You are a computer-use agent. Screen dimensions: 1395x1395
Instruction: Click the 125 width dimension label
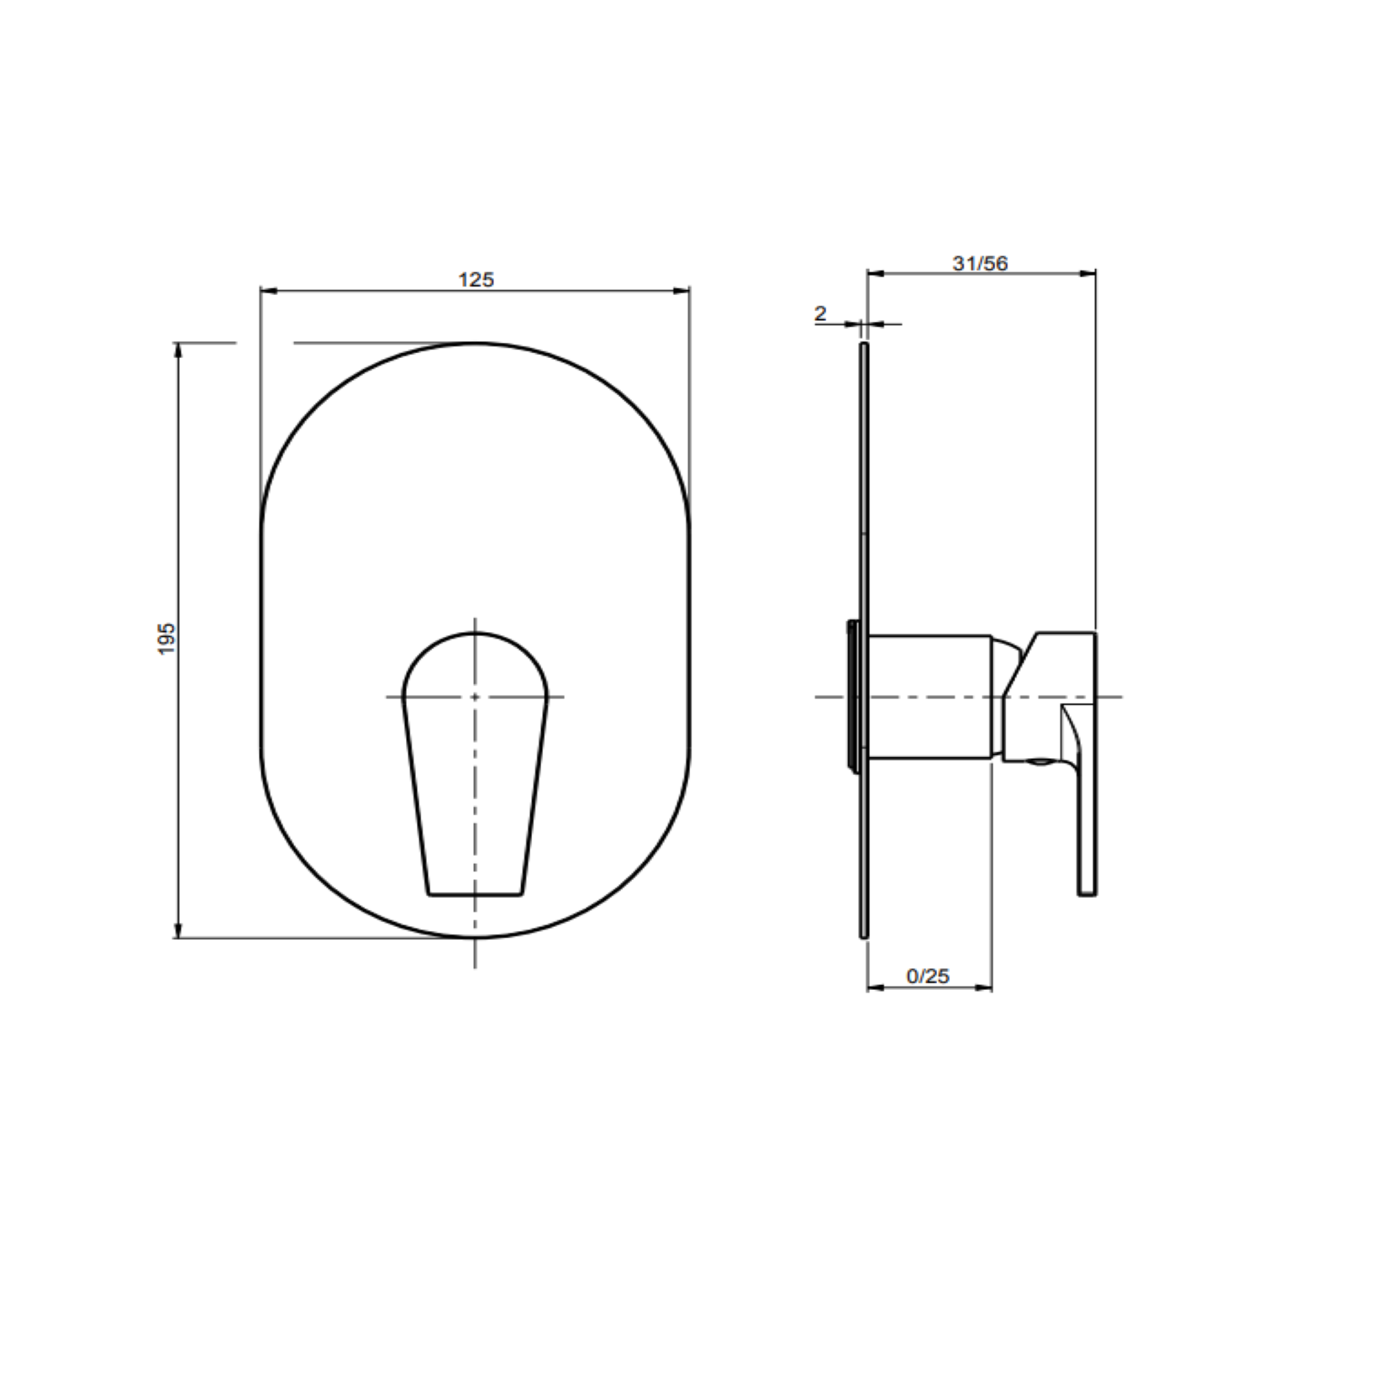pyautogui.click(x=476, y=279)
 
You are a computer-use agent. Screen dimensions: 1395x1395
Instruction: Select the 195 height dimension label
pyautogui.click(x=167, y=639)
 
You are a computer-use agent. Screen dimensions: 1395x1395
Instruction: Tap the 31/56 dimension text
pyautogui.click(x=980, y=263)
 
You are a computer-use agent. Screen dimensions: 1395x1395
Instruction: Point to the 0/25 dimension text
pyautogui.click(x=928, y=976)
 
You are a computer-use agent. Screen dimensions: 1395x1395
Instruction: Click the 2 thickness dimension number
pyautogui.click(x=820, y=313)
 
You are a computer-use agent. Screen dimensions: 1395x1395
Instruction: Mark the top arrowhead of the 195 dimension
pyautogui.click(x=177, y=349)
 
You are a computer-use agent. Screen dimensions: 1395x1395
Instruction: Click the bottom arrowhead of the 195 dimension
pyautogui.click(x=177, y=930)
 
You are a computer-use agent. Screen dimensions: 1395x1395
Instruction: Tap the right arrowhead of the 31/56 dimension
pyautogui.click(x=1088, y=272)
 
